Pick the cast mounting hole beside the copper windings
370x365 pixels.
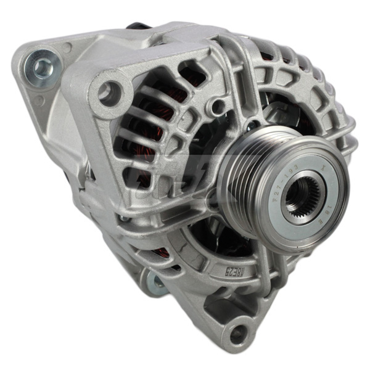click(x=109, y=92)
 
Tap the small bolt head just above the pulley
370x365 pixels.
click(x=251, y=126)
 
